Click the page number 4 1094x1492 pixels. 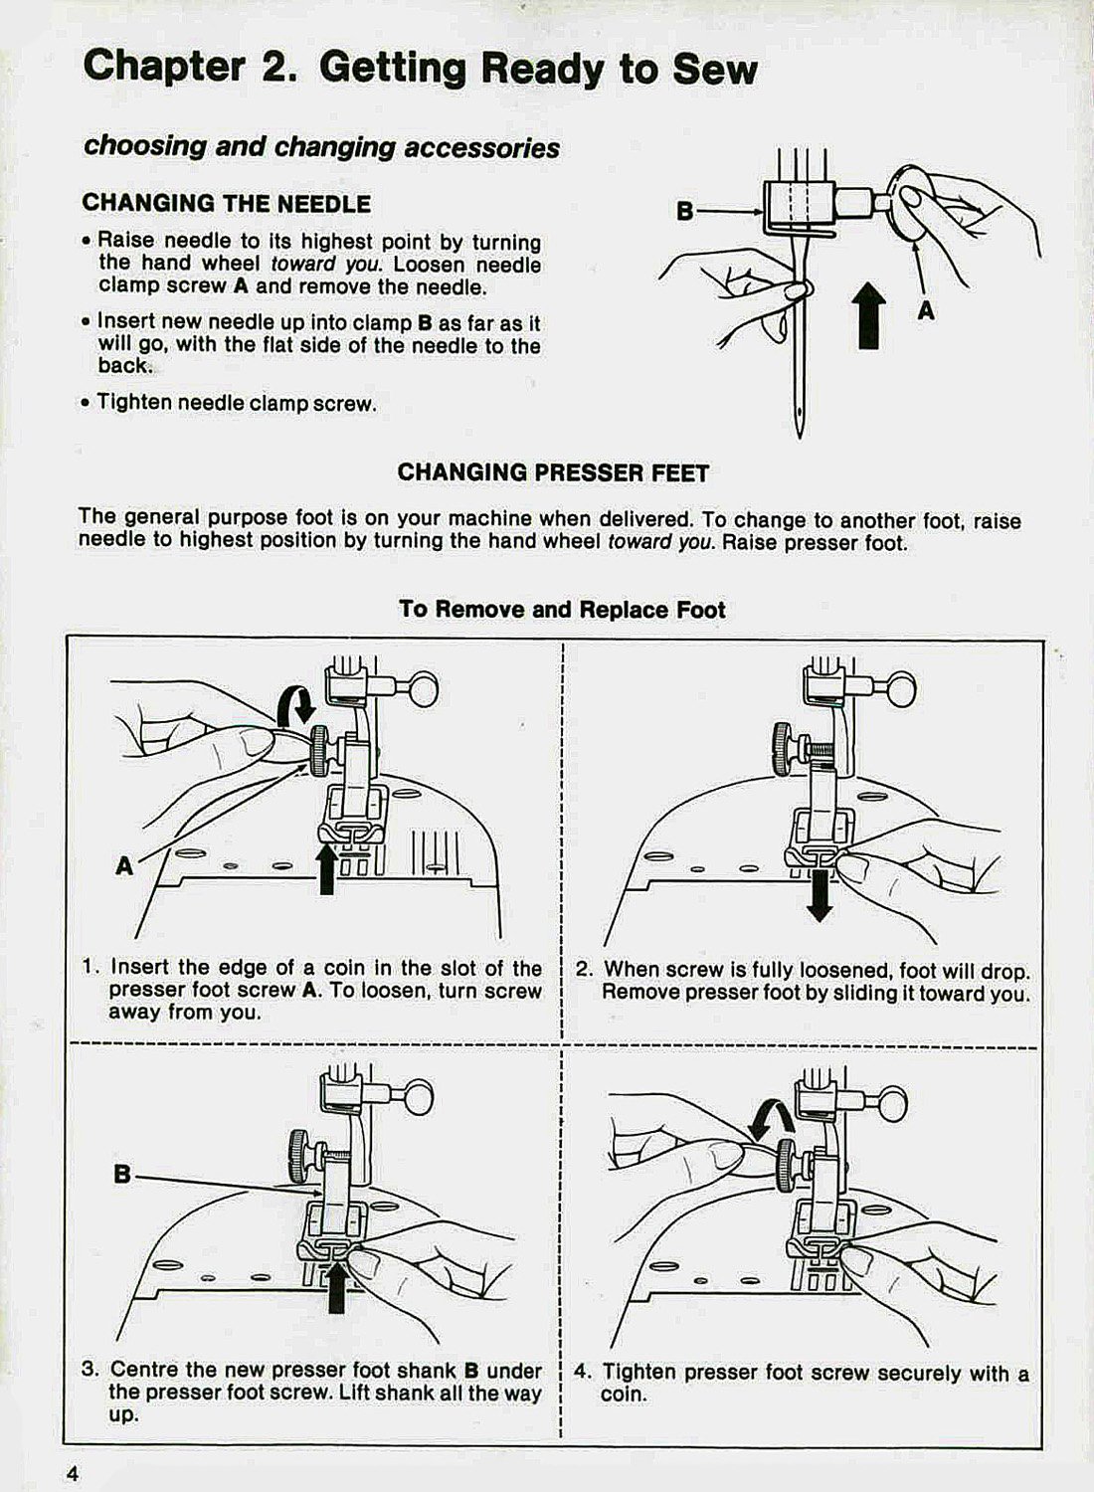click(x=72, y=1473)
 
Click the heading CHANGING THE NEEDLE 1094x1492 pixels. click(x=226, y=204)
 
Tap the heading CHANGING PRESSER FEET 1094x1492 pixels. click(x=553, y=472)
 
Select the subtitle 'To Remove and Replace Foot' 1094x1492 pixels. click(x=562, y=609)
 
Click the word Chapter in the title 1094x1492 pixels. click(x=164, y=68)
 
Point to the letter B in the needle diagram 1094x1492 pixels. click(x=684, y=211)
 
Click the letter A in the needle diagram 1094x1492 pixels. click(x=926, y=311)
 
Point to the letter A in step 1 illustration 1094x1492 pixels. click(x=124, y=866)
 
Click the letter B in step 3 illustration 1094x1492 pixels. click(x=122, y=1174)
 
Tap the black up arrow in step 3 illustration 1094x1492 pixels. click(x=336, y=1284)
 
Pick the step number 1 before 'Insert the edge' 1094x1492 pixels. click(x=90, y=968)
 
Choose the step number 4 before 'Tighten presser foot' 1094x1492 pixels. click(x=583, y=1373)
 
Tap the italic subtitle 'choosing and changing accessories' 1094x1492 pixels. click(x=321, y=147)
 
